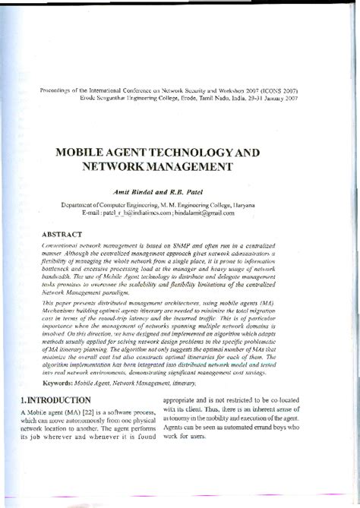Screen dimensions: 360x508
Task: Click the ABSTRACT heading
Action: pyautogui.click(x=66, y=235)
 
